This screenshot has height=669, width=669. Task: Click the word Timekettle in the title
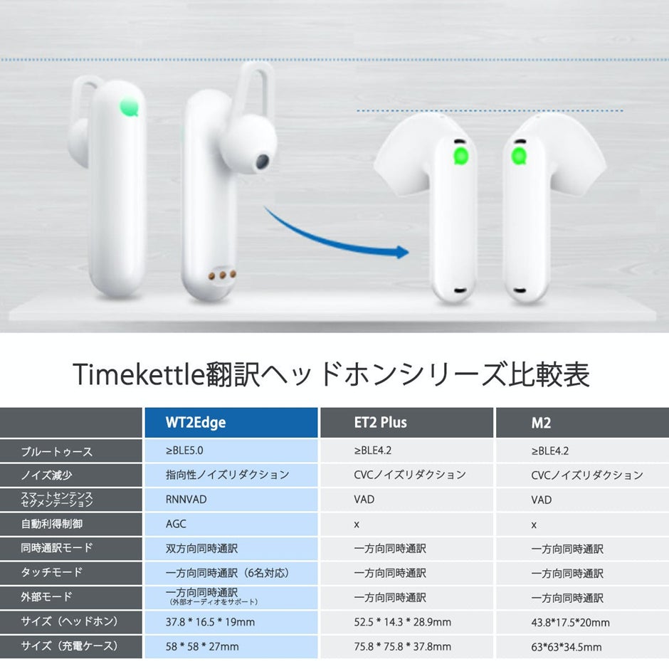[139, 374]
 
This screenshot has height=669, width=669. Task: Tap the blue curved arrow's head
[401, 252]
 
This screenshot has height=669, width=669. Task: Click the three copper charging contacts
[222, 275]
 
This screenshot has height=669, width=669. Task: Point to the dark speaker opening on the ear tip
[262, 162]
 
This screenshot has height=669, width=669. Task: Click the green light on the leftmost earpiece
[130, 107]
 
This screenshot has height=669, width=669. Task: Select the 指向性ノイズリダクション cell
[228, 475]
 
